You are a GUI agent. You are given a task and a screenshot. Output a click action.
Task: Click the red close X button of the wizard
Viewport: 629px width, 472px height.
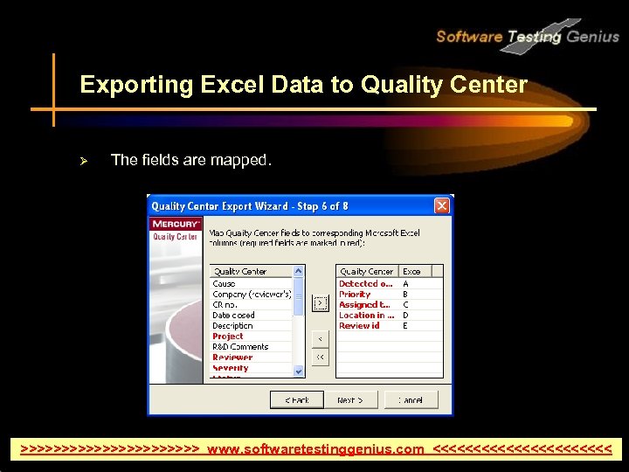click(x=442, y=206)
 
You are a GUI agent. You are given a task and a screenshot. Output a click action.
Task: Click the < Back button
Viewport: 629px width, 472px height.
click(x=297, y=399)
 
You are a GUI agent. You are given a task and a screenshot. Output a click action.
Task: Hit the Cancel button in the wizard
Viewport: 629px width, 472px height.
click(x=411, y=399)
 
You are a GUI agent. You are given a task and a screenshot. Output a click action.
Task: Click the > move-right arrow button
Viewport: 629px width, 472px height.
click(x=321, y=304)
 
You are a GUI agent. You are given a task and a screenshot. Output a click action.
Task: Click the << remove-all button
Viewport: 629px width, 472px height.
click(x=321, y=357)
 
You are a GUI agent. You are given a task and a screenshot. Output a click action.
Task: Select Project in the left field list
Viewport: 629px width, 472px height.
click(x=228, y=337)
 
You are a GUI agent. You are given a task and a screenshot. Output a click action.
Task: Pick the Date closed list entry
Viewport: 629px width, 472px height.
click(x=233, y=316)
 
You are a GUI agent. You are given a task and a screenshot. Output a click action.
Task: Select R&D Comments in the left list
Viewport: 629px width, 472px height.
click(x=240, y=347)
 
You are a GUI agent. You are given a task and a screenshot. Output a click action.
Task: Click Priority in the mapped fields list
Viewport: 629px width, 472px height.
click(x=355, y=295)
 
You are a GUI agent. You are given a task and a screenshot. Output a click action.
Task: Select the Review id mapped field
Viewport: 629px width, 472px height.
click(x=359, y=326)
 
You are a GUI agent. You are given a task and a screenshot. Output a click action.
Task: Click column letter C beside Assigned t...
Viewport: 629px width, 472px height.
click(x=405, y=305)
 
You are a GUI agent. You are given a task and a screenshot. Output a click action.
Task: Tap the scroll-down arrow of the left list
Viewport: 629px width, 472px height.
click(x=299, y=371)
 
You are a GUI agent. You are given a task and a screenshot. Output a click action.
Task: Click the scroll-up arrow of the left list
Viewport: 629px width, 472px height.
click(x=299, y=272)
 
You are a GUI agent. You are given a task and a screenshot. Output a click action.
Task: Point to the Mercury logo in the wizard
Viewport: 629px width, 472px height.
click(x=176, y=225)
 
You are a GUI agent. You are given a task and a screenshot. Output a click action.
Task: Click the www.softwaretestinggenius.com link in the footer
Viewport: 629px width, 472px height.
click(x=316, y=449)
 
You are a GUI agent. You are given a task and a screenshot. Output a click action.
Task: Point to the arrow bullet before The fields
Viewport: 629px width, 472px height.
click(x=85, y=160)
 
